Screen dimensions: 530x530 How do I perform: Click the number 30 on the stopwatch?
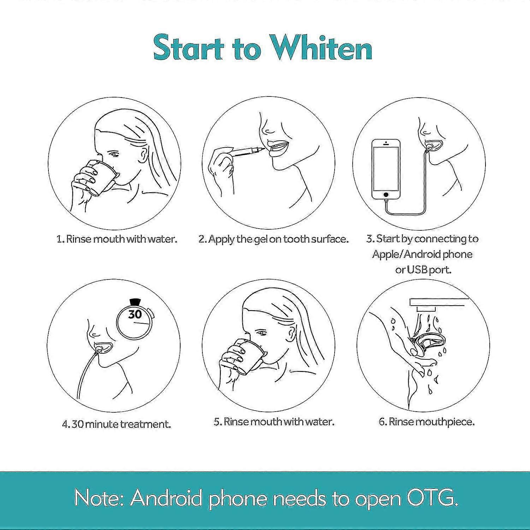pyautogui.click(x=135, y=314)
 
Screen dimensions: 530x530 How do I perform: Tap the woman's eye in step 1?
pyautogui.click(x=113, y=154)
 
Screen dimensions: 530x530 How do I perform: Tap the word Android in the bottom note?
pyautogui.click(x=166, y=498)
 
